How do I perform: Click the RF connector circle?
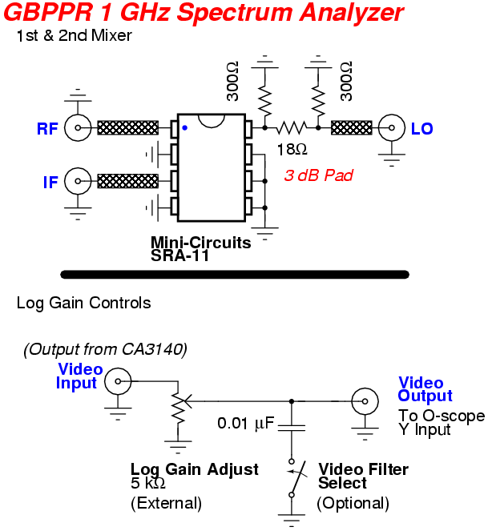click(77, 127)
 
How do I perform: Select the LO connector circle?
click(392, 127)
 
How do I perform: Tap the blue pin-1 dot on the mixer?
click(184, 127)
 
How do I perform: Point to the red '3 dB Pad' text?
click(318, 175)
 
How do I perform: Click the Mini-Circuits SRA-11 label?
click(200, 248)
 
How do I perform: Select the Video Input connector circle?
click(119, 380)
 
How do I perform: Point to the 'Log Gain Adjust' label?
click(195, 469)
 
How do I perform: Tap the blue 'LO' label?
click(421, 128)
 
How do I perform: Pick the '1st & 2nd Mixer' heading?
click(74, 36)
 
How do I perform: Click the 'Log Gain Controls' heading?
click(83, 304)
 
